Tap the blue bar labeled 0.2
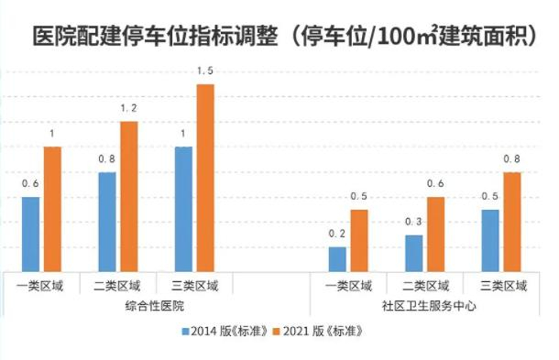(338, 258)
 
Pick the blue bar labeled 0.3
(414, 253)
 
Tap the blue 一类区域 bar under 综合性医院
(31, 234)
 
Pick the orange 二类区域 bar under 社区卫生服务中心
(435, 234)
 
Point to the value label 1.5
(205, 71)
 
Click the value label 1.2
(128, 108)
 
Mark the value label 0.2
(338, 233)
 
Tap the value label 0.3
(414, 221)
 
